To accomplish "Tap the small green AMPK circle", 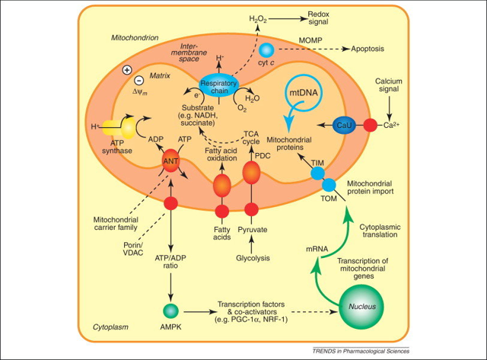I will tap(170, 310).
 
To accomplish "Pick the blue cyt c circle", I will tap(266, 50).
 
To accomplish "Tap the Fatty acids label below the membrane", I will tap(221, 232).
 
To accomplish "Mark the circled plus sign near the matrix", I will tap(126, 70).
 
